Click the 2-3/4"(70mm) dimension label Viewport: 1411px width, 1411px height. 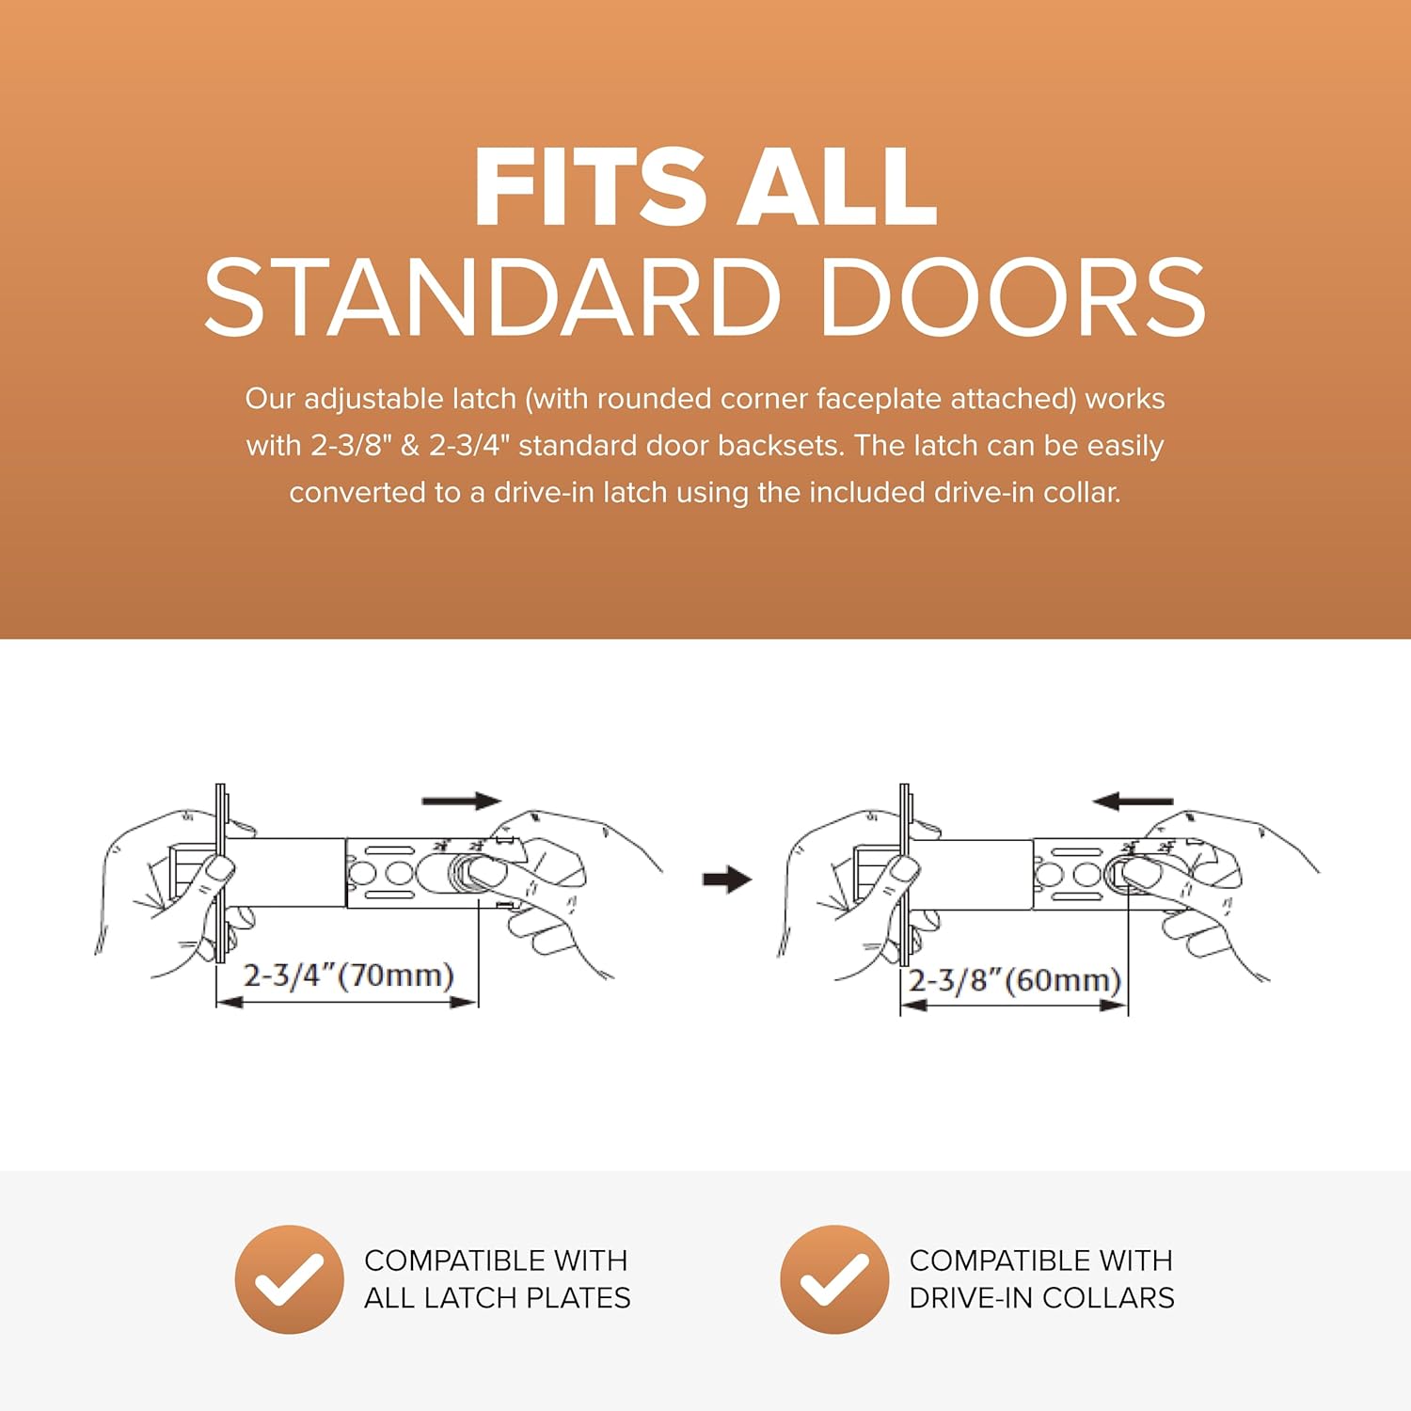click(x=349, y=975)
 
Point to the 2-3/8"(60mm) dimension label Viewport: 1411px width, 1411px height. click(x=1015, y=980)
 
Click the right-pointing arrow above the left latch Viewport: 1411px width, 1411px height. click(x=462, y=801)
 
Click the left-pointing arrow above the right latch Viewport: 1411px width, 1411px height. click(x=1133, y=801)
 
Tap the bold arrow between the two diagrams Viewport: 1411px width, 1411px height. click(x=727, y=880)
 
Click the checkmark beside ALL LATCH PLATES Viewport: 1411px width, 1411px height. click(x=289, y=1279)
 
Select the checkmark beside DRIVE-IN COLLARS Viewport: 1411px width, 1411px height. click(x=834, y=1279)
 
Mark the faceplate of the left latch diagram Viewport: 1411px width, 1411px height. click(x=221, y=873)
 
